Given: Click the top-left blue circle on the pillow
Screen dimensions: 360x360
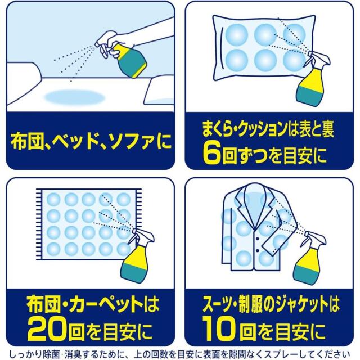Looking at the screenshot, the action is (x=236, y=35).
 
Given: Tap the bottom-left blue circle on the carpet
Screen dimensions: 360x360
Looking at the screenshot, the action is (x=53, y=249).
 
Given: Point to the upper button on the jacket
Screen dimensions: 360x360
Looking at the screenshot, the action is (x=258, y=237).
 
